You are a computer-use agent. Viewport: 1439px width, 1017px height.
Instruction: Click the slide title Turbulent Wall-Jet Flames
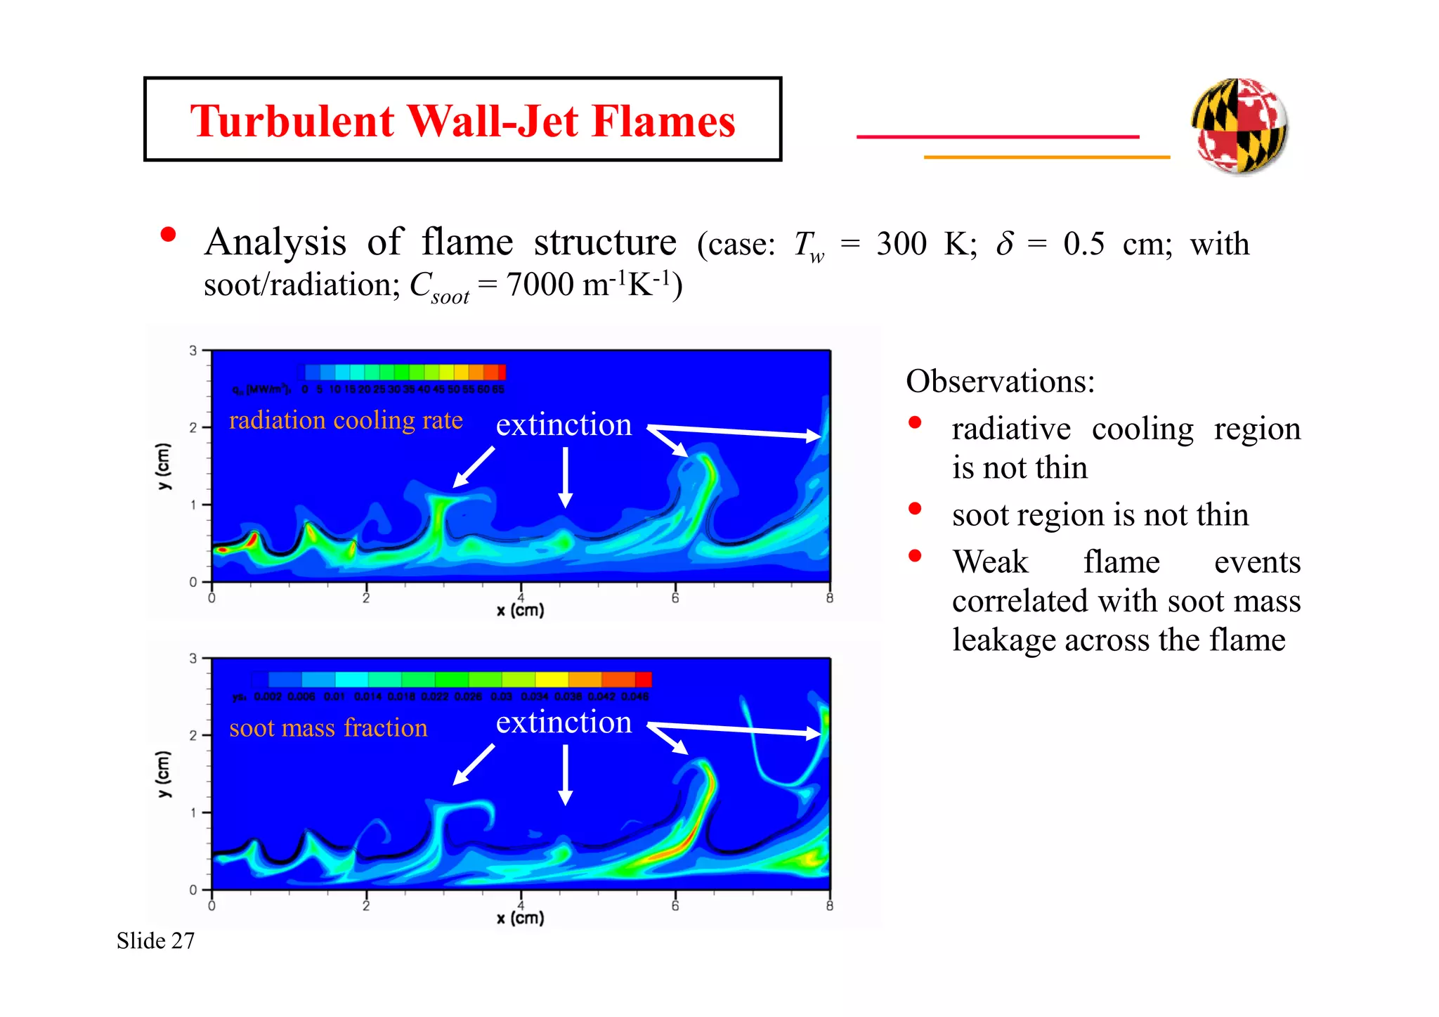point(462,121)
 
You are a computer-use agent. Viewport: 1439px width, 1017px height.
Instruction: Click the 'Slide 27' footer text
point(155,940)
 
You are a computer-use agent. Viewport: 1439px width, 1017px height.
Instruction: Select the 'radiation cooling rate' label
point(346,420)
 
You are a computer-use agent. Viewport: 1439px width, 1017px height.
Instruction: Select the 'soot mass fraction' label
point(328,728)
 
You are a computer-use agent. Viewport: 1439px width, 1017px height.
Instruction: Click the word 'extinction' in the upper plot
point(564,425)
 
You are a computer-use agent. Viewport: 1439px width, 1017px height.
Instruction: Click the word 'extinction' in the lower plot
point(564,723)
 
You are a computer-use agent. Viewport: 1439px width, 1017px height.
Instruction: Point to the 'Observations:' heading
point(1000,382)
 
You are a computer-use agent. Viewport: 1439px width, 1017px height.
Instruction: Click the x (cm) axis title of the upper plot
point(520,610)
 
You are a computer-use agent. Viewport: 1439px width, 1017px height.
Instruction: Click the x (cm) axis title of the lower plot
point(520,918)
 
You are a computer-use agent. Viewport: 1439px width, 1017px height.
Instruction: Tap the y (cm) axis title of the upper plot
point(163,466)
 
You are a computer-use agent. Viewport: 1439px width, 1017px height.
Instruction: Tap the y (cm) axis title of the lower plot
point(163,774)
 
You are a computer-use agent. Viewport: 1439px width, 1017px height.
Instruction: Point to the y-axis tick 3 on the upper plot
point(193,350)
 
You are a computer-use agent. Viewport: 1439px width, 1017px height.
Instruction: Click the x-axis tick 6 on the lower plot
point(675,905)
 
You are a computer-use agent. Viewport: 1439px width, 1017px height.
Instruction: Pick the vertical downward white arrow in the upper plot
point(565,477)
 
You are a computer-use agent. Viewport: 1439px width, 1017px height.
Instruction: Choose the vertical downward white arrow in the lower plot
point(565,775)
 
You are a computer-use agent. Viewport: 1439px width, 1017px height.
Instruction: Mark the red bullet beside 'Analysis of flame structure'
point(168,235)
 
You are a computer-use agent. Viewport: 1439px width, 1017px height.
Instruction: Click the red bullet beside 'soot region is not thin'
point(915,509)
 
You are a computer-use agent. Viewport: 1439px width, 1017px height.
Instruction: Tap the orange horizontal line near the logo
point(1046,157)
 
